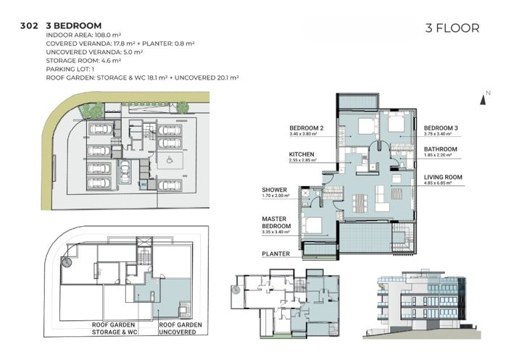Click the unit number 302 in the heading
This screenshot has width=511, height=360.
30,25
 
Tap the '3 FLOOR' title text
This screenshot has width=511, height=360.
452,29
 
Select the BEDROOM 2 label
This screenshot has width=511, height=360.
306,127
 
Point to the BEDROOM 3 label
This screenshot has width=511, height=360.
441,127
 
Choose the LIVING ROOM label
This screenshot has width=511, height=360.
444,177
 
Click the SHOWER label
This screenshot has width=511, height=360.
275,190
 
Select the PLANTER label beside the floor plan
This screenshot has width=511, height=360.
276,254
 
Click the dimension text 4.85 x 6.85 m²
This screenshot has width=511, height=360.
438,183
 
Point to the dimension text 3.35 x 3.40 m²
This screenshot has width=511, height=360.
277,232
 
